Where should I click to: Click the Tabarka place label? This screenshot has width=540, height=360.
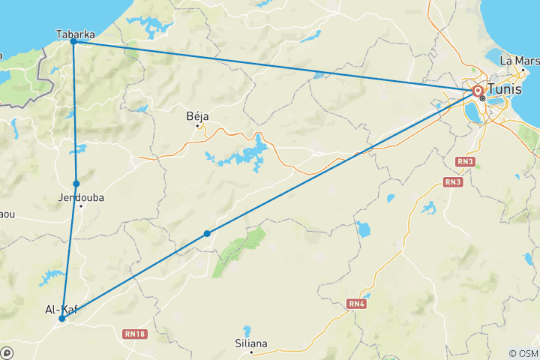pos(75,33)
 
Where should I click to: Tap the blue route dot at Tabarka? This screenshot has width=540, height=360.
pos(73,42)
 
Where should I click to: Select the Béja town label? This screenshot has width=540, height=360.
pos(197,116)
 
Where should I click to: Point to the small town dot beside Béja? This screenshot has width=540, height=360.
pos(198,126)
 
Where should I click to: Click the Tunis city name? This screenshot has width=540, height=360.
pos(504,89)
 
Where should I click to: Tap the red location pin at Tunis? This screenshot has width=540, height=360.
pos(478,91)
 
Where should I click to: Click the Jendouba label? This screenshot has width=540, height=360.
pos(80,197)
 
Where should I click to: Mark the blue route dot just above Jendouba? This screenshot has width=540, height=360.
pos(76,183)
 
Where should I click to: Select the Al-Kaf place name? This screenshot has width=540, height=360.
pos(61,309)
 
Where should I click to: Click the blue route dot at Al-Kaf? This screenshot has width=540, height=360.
pos(62,319)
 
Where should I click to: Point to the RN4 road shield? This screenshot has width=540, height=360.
pos(356,303)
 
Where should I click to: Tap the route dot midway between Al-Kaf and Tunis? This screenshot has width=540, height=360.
pos(207,233)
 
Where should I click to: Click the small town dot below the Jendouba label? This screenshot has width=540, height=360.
pos(81,205)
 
